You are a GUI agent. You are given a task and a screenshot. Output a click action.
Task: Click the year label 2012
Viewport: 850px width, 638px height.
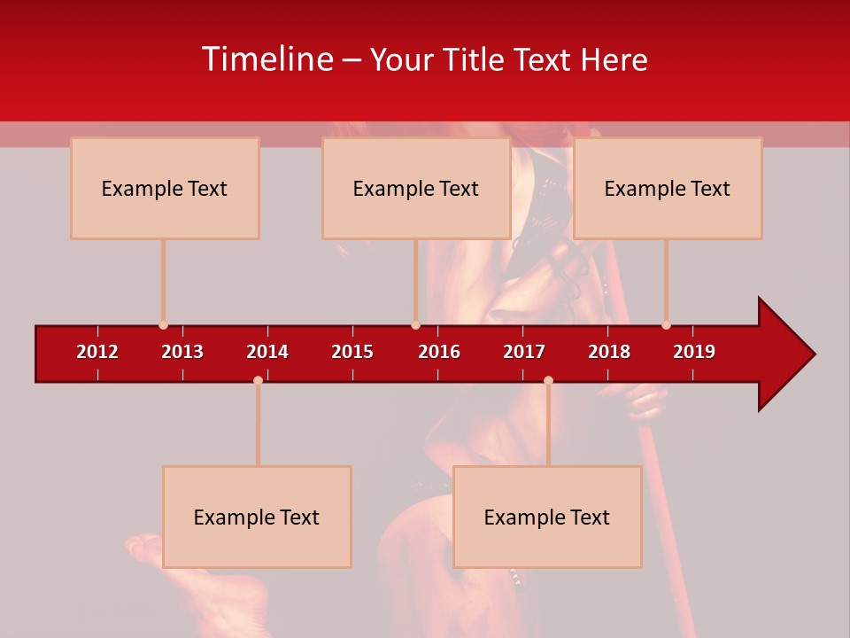pos(97,352)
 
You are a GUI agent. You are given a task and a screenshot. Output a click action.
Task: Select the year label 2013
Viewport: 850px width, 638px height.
pos(182,352)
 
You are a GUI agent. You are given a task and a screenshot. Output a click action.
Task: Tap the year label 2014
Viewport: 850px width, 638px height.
pos(267,352)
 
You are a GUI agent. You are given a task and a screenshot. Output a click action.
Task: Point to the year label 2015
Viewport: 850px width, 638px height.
pos(352,352)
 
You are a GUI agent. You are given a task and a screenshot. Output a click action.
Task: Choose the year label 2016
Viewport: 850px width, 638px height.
pos(439,352)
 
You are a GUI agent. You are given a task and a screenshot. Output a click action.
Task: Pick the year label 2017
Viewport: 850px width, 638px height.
pos(524,352)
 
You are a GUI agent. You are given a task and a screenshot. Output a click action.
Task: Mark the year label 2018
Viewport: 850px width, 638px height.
pos(609,352)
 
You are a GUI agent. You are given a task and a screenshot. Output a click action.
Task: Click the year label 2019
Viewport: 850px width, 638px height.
pos(694,352)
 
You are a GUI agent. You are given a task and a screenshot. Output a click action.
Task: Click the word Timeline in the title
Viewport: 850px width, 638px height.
pos(267,59)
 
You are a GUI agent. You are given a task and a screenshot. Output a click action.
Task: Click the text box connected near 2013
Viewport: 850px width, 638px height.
pos(165,188)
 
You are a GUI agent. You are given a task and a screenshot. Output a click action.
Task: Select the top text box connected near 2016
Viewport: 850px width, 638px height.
pos(416,188)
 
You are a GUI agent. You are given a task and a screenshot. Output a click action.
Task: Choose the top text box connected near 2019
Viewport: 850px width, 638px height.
pos(668,188)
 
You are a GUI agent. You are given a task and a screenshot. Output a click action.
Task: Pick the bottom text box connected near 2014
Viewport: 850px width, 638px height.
pos(257,517)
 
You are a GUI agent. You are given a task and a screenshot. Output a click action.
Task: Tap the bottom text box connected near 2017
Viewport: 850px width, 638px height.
pos(547,517)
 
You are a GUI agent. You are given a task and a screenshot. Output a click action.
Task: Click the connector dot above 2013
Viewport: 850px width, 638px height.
pos(163,325)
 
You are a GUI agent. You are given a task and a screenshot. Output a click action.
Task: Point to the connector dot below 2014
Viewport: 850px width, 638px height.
pos(258,380)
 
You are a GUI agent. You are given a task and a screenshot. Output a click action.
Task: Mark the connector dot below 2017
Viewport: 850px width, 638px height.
pos(548,380)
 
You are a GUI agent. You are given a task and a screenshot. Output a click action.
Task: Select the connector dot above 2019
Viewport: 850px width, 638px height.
pos(666,325)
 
